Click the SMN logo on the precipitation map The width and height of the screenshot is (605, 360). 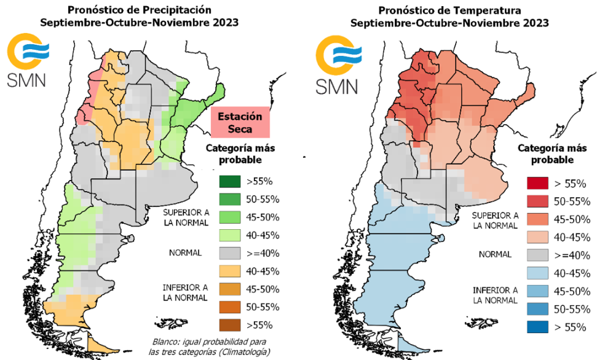(28, 61)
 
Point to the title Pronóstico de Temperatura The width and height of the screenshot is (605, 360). (449, 10)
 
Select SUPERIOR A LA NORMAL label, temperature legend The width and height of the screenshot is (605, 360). (494, 221)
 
